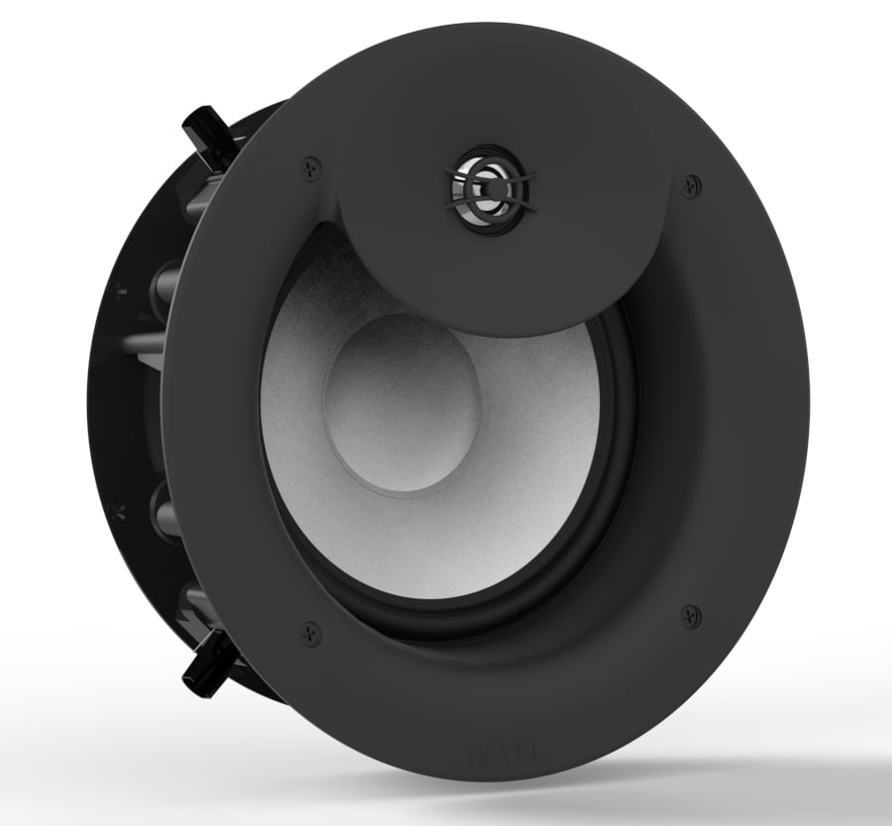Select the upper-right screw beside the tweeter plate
click(x=690, y=183)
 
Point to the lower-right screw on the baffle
click(x=690, y=614)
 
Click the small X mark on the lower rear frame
click(x=120, y=511)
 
